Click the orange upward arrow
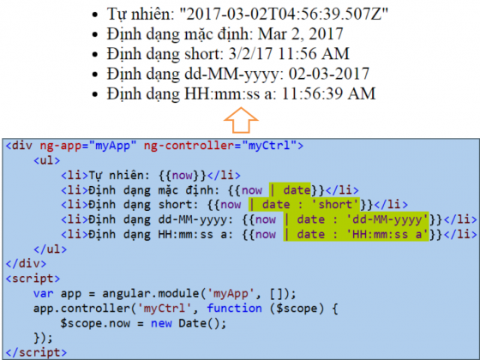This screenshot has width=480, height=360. (x=241, y=120)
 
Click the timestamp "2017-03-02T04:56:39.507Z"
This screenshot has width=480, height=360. (x=284, y=14)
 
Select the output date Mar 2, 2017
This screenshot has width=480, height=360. (x=300, y=33)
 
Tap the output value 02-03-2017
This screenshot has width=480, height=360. (x=329, y=74)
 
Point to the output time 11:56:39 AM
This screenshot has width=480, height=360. (x=328, y=93)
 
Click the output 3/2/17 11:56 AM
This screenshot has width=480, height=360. (x=289, y=53)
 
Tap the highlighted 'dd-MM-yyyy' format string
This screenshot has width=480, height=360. (x=387, y=219)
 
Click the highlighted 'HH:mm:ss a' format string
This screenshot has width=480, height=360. (x=387, y=235)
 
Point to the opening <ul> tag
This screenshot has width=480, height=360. (x=47, y=160)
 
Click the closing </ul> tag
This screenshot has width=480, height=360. (x=51, y=249)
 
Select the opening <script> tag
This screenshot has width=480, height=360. (x=33, y=279)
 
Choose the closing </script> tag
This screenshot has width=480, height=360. (x=36, y=352)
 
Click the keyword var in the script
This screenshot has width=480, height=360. (x=43, y=293)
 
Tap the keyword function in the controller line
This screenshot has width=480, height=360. (x=234, y=309)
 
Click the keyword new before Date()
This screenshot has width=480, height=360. (x=161, y=323)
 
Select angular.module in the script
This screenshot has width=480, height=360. (x=151, y=294)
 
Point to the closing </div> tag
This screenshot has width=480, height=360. (x=26, y=264)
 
